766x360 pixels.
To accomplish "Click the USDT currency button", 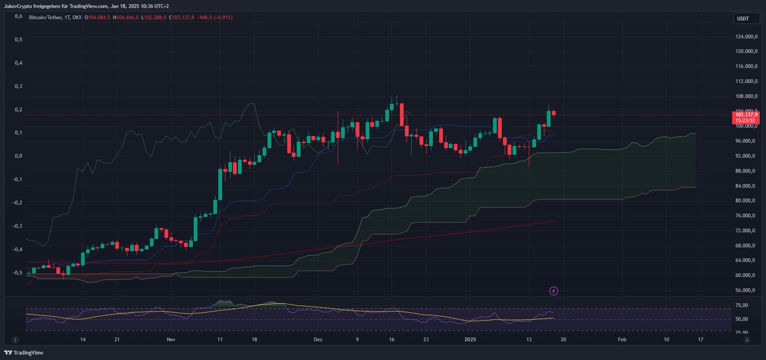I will pyautogui.click(x=742, y=19).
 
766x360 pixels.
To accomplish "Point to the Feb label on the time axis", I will pyautogui.click(x=622, y=341).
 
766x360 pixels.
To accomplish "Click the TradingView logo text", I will pyautogui.click(x=24, y=352).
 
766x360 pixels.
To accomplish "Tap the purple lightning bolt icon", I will pyautogui.click(x=553, y=291).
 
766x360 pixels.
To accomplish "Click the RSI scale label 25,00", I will pyautogui.click(x=740, y=331).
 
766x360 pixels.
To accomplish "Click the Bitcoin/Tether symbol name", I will pyautogui.click(x=47, y=18).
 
